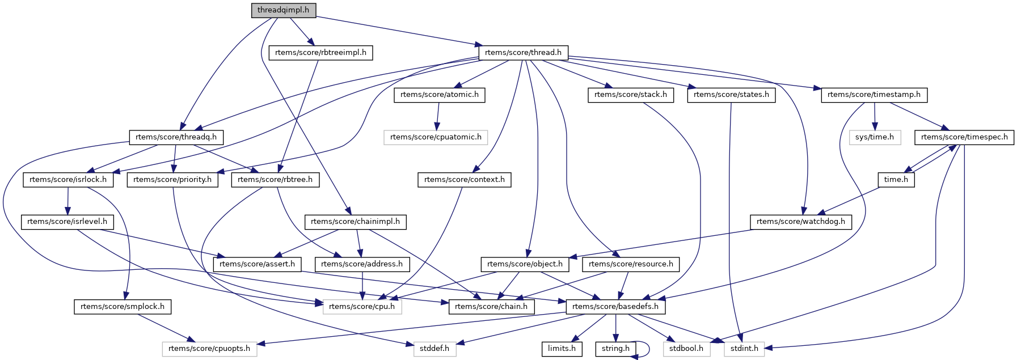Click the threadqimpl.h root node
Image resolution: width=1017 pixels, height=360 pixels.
point(283,10)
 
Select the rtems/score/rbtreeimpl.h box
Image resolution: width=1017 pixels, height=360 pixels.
point(320,53)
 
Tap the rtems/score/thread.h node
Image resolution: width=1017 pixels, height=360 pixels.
point(523,53)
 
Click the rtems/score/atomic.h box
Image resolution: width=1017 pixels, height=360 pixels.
point(439,95)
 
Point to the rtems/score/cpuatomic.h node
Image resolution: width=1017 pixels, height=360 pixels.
point(436,137)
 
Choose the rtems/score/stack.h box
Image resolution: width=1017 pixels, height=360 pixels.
point(630,95)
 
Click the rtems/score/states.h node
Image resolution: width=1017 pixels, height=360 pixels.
point(731,95)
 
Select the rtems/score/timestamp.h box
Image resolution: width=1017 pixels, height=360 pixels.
point(873,95)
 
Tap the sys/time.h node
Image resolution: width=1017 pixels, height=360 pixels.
point(875,137)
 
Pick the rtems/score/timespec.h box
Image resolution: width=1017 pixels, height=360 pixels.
point(964,137)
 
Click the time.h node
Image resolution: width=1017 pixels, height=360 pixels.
point(896,180)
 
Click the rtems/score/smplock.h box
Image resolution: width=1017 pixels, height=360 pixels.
point(122,307)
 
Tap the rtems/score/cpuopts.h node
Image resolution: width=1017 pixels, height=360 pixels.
point(209,349)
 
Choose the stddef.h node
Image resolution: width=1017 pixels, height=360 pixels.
point(434,349)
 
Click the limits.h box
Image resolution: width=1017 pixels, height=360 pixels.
point(562,349)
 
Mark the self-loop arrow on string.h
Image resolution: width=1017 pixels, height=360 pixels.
point(649,349)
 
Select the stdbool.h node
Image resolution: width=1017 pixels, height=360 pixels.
point(686,349)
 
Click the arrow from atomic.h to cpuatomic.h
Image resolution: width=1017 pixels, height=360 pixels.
point(437,116)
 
